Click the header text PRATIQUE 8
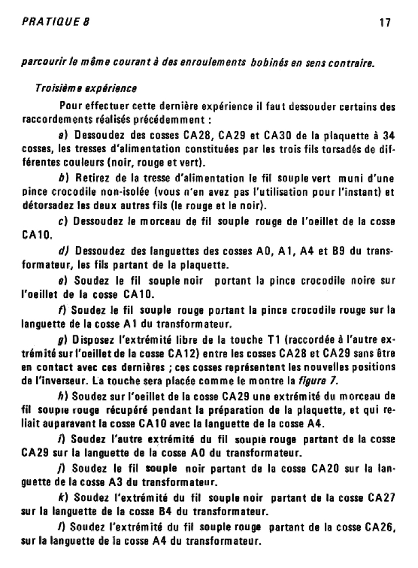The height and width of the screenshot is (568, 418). (x=55, y=23)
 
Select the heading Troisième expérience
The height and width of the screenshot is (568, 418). (x=85, y=88)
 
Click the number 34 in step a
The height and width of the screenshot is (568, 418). (x=389, y=135)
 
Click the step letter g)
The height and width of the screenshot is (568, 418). (x=63, y=339)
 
